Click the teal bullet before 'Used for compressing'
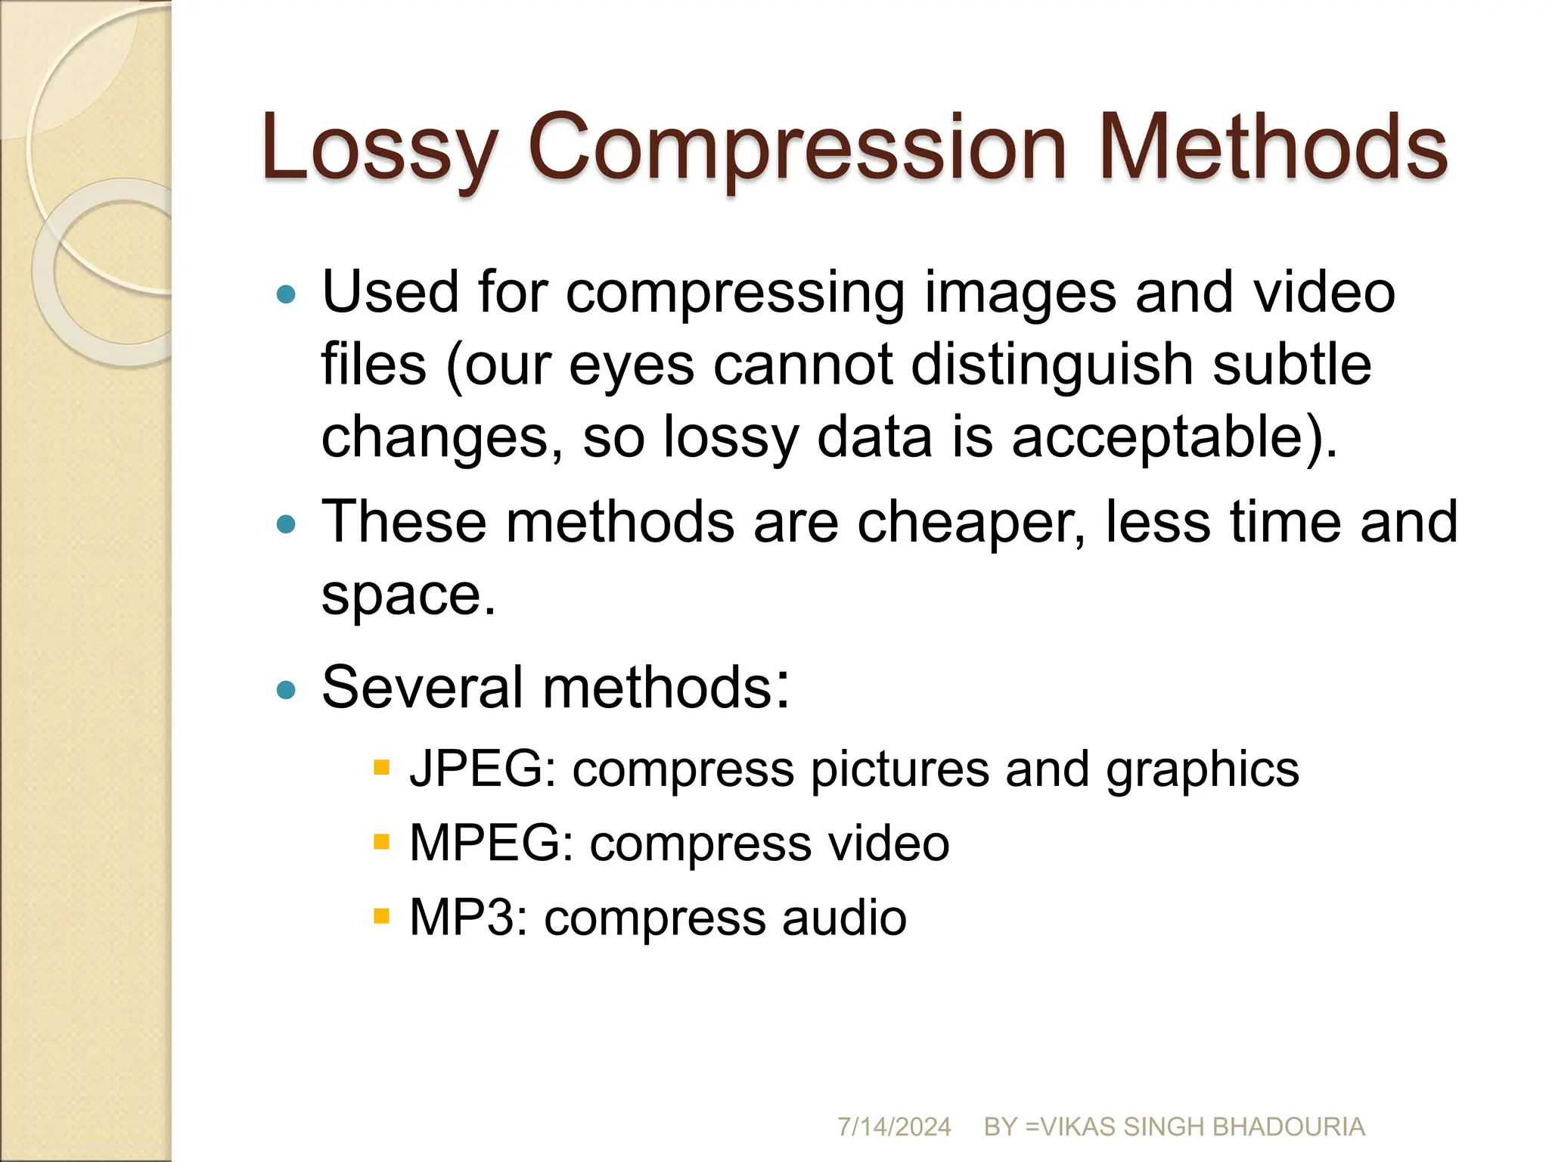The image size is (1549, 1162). pyautogui.click(x=286, y=294)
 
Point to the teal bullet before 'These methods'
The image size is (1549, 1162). pyautogui.click(x=286, y=524)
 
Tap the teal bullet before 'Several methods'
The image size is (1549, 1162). pyautogui.click(x=286, y=689)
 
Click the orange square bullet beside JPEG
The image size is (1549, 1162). pyautogui.click(x=381, y=769)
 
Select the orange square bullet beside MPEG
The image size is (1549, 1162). pyautogui.click(x=381, y=842)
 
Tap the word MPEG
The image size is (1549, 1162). pyautogui.click(x=491, y=843)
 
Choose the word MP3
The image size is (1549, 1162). pyautogui.click(x=468, y=918)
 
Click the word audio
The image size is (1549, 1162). pyautogui.click(x=844, y=918)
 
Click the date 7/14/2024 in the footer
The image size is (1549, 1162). pyautogui.click(x=894, y=1126)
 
